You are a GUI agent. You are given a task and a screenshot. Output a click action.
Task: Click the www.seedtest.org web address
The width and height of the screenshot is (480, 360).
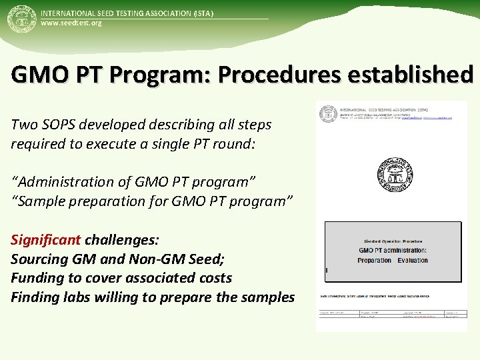coord(71,23)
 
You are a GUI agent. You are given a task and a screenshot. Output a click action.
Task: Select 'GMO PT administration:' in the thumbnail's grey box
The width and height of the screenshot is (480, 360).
coord(393,251)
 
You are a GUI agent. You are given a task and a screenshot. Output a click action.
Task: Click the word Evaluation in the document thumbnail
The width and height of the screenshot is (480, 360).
coord(413,261)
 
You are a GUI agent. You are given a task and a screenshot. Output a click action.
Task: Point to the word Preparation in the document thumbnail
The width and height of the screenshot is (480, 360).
coord(374,261)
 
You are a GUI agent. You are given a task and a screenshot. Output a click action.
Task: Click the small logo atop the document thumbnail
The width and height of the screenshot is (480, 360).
coord(328,114)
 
